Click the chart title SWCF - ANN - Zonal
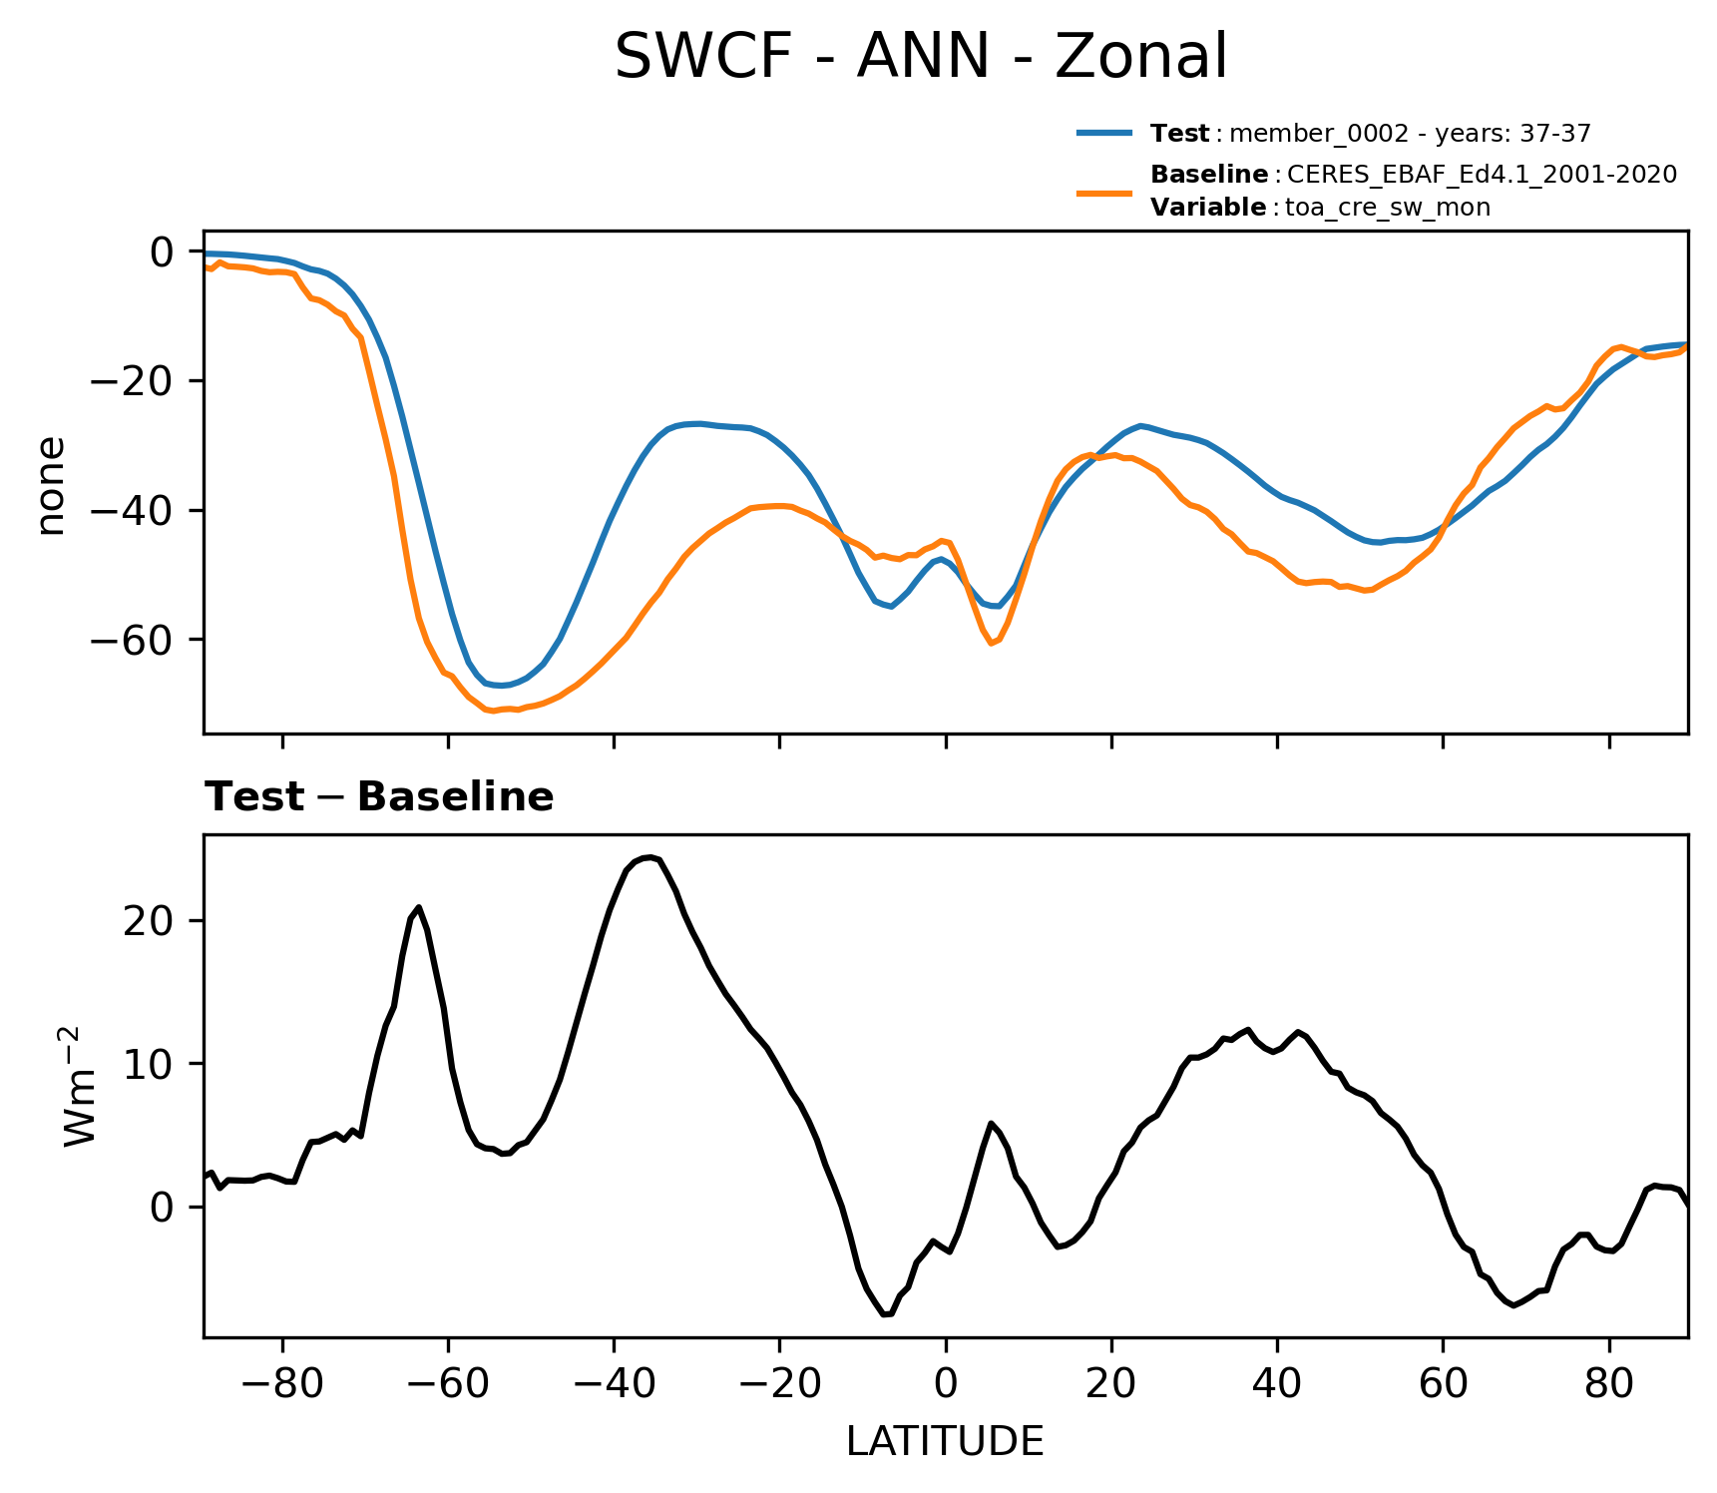[x=920, y=57]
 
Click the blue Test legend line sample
[x=1104, y=133]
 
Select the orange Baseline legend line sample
[x=1104, y=192]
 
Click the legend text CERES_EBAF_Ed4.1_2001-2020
[x=1482, y=175]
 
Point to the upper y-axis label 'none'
[x=50, y=486]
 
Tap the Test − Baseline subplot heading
[x=379, y=797]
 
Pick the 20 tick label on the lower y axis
[x=148, y=921]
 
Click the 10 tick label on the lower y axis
[x=148, y=1064]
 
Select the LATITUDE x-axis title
[x=945, y=1441]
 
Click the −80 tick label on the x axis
[x=282, y=1383]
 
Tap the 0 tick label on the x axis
[x=946, y=1383]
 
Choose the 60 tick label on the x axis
[x=1443, y=1383]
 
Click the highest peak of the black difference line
[x=649, y=857]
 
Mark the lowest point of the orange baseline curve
[x=492, y=712]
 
